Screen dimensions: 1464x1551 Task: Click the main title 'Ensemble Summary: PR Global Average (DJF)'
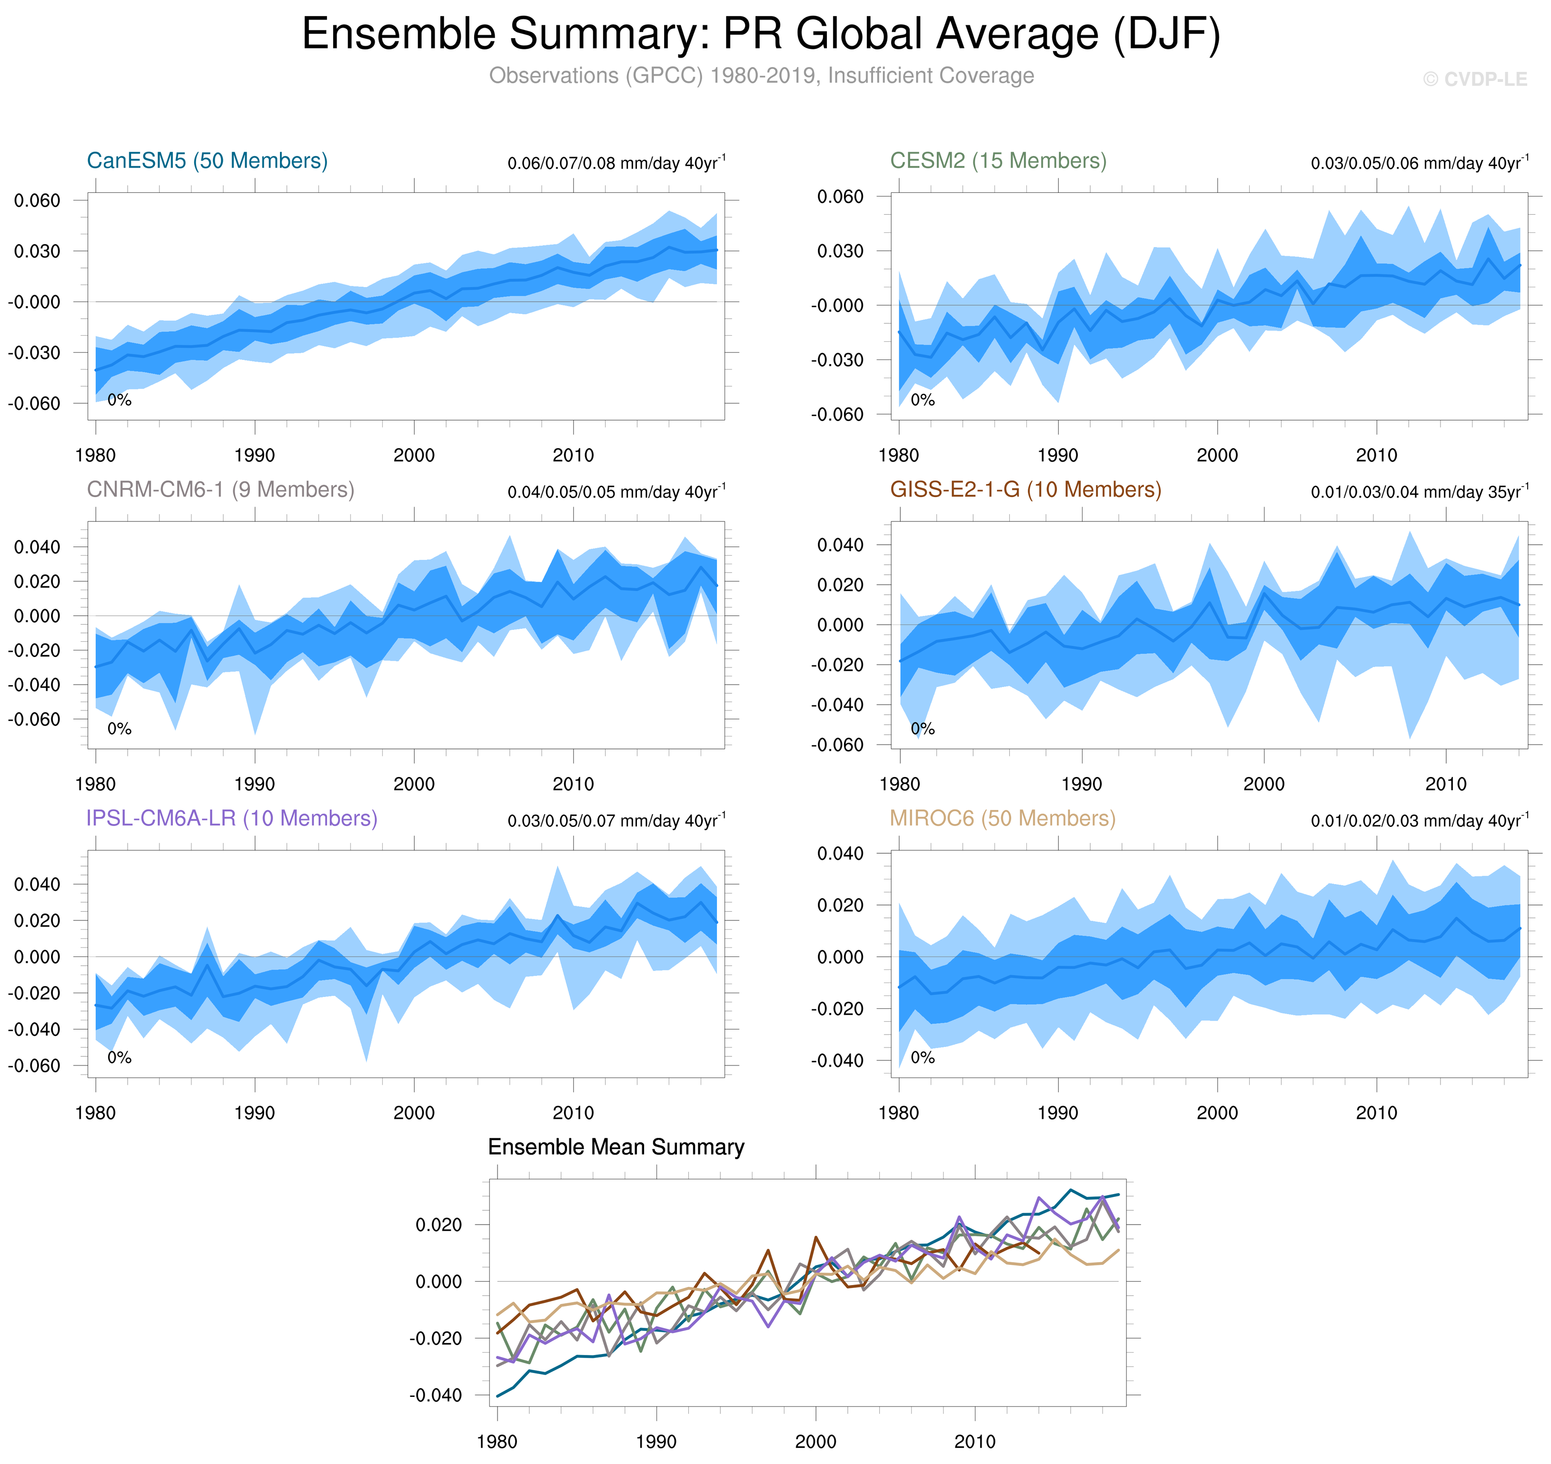point(761,34)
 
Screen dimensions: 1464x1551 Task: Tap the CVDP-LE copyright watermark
point(1474,80)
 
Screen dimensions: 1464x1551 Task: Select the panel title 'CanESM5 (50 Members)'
point(207,161)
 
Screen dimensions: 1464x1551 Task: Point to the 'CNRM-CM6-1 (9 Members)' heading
point(220,489)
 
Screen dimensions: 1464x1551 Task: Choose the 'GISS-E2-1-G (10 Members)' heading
point(1025,489)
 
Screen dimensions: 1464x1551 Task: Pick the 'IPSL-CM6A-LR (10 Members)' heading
point(232,818)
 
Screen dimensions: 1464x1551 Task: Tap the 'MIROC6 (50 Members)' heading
point(1003,818)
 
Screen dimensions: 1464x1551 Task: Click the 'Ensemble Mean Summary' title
point(616,1146)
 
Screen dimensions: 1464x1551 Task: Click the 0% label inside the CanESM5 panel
point(119,400)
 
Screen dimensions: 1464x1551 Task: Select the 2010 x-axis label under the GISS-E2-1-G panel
point(1446,784)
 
